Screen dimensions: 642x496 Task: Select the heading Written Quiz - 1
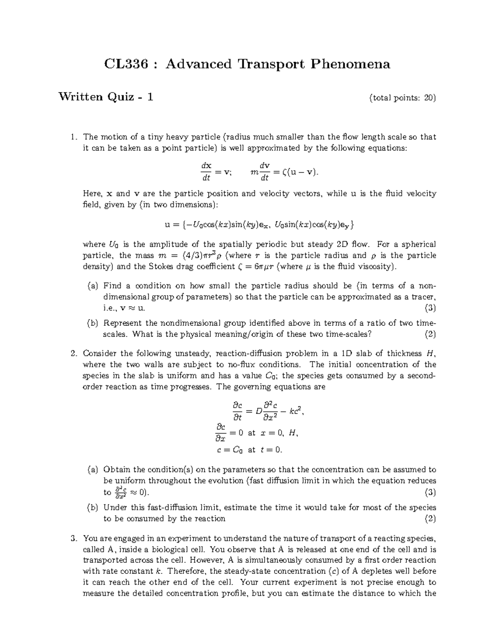[x=106, y=97]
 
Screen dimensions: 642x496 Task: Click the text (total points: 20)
[x=403, y=98]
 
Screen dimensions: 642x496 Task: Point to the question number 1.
[x=74, y=137]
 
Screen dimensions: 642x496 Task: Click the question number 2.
[x=74, y=353]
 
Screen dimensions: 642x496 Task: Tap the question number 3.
[x=74, y=538]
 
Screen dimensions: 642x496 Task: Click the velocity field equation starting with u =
[x=259, y=225]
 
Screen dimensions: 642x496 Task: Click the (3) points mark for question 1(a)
[x=430, y=308]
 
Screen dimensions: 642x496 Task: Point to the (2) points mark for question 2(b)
[x=430, y=518]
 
